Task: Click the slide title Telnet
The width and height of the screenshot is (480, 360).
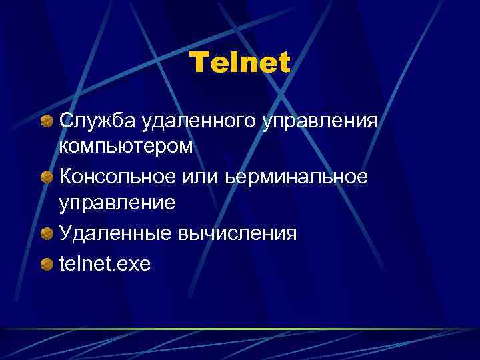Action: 240,63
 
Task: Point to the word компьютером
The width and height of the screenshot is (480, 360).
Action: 126,147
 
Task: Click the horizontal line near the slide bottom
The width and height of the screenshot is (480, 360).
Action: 240,329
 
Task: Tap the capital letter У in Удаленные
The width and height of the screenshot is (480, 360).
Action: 65,233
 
